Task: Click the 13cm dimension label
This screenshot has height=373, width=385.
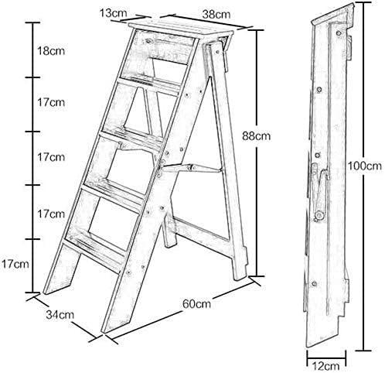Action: [113, 13]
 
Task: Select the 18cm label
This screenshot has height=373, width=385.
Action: [50, 50]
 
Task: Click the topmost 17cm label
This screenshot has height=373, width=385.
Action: [50, 102]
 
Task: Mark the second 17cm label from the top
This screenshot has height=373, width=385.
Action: [50, 157]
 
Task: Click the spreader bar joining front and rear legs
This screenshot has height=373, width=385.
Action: [193, 166]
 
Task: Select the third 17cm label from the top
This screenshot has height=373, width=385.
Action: [50, 213]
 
